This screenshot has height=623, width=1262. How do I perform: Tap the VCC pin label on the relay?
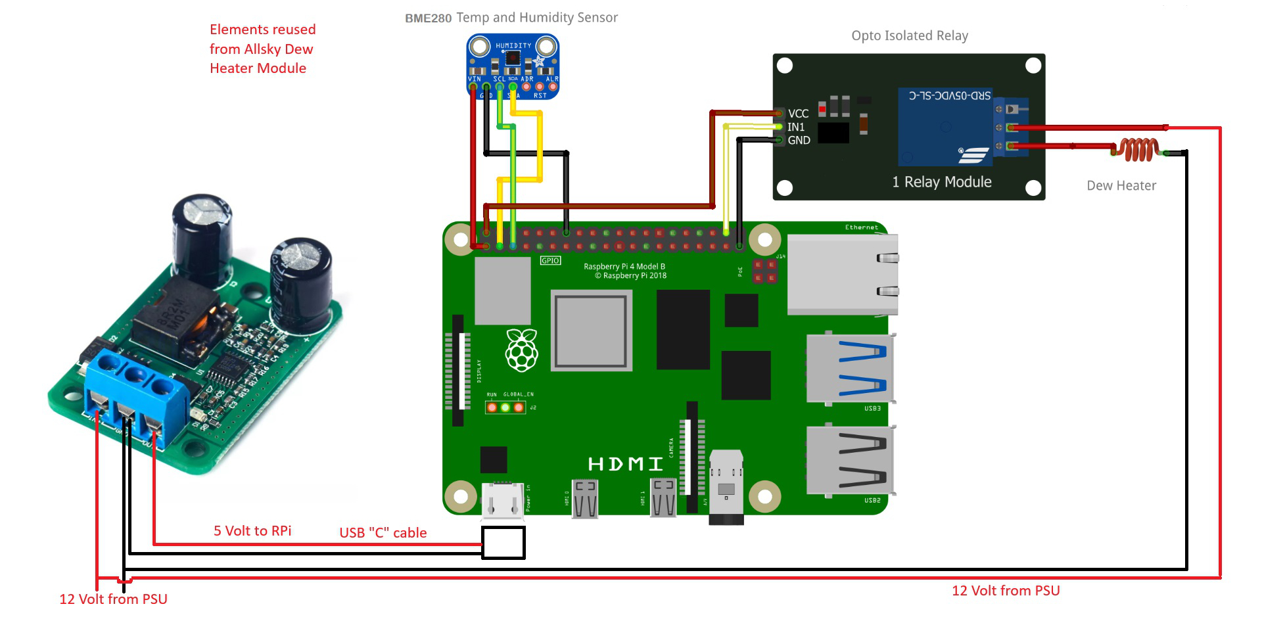tap(798, 114)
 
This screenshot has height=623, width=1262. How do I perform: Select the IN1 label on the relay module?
tap(796, 127)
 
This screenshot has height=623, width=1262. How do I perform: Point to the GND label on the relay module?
tap(799, 140)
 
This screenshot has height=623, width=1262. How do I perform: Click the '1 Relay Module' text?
tap(941, 182)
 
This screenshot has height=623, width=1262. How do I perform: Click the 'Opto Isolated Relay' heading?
tap(910, 35)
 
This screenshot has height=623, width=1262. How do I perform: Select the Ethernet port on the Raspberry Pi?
tap(843, 274)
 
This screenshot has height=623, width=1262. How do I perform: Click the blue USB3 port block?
tap(851, 367)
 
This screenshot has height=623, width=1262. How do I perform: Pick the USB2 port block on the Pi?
tap(851, 459)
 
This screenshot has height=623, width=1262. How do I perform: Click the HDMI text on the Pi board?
tap(625, 464)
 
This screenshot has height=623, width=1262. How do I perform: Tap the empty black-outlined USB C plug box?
tap(503, 543)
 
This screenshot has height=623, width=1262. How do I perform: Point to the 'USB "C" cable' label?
tap(383, 532)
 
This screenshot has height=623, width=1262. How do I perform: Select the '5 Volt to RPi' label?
tap(252, 530)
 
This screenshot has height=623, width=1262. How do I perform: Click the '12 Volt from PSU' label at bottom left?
tap(113, 599)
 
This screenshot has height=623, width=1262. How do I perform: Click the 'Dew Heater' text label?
tap(1121, 185)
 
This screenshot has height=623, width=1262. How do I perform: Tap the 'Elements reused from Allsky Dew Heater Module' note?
tap(262, 49)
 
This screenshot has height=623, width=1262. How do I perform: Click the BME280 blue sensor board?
tap(513, 66)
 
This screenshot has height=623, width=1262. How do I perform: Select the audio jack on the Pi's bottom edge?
tap(726, 487)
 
